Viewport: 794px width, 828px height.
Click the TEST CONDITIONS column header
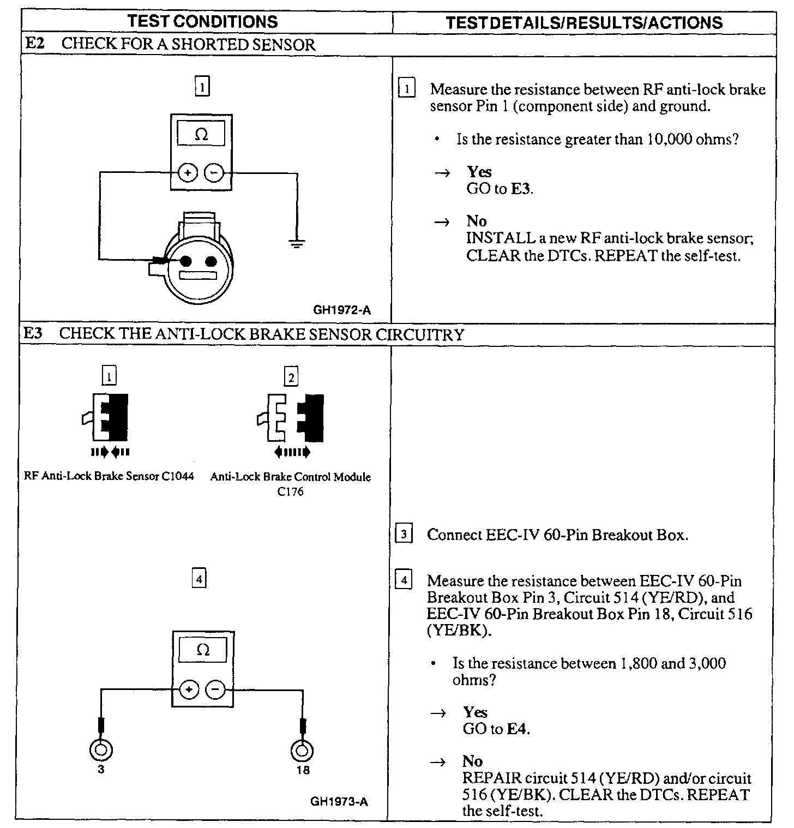tap(202, 21)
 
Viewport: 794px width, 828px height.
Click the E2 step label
tap(34, 44)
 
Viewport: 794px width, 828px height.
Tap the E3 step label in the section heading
tap(33, 333)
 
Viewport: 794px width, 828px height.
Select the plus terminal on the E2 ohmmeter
tap(188, 173)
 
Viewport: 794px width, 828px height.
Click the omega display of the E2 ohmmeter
tap(201, 134)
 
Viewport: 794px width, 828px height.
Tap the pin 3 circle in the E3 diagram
tap(101, 751)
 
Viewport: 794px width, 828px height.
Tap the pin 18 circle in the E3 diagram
tap(303, 751)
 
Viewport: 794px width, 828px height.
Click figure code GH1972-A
tap(342, 310)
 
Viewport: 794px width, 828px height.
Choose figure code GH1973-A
tap(339, 801)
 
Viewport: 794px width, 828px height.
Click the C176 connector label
tap(290, 491)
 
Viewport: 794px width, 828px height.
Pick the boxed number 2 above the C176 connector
tap(291, 377)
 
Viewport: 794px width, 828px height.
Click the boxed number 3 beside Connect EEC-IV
tap(404, 534)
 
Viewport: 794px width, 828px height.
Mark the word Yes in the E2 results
tap(479, 172)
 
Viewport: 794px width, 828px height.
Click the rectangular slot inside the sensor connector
tap(198, 275)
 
